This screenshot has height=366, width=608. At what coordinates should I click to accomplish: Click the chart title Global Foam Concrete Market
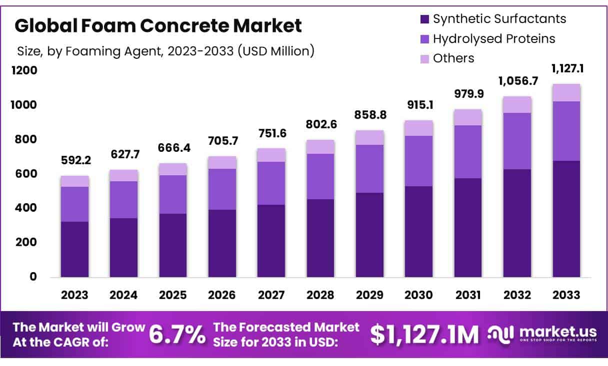[158, 26]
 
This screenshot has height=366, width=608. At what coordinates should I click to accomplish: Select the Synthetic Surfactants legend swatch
[424, 19]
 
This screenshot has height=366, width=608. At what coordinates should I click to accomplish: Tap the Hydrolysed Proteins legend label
[493, 39]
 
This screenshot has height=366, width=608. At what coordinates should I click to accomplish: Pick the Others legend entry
[453, 58]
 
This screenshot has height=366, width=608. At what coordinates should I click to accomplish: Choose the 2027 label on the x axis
[271, 295]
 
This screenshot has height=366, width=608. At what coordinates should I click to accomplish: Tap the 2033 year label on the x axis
[566, 295]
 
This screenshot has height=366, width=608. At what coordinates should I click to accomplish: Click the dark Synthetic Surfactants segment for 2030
[419, 232]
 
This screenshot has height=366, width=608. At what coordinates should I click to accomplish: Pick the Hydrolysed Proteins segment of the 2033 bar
[566, 131]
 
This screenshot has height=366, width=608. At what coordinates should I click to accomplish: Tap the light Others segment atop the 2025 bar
[173, 169]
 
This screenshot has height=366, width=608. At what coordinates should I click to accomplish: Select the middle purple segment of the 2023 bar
[75, 204]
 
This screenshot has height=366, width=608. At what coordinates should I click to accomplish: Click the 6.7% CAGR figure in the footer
[177, 335]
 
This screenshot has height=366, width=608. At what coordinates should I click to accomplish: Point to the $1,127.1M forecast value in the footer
[424, 335]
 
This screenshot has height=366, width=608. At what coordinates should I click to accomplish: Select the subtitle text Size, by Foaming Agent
[165, 51]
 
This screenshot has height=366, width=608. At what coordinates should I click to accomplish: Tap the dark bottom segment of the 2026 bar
[222, 243]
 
